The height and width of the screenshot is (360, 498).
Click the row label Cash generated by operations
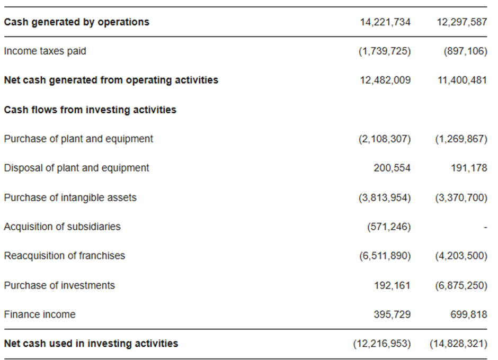pos(76,22)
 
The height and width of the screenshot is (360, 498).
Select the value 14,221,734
pos(385,22)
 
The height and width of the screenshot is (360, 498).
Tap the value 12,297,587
pos(462,22)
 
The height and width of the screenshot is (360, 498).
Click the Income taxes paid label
pos(45,51)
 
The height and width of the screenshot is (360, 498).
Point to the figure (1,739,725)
pos(385,51)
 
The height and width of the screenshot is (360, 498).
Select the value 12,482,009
pos(385,80)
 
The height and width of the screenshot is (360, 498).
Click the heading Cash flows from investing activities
pos(90,110)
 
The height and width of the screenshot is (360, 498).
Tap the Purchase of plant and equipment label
pos(78,139)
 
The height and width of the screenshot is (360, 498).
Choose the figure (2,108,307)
pos(385,139)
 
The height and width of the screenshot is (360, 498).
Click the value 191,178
pos(469,168)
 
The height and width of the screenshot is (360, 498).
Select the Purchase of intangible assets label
pos(70,198)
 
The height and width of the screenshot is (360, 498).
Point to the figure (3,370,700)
pos(461,198)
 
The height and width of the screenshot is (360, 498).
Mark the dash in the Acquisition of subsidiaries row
pos(485,227)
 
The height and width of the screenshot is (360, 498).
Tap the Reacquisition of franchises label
pos(65,256)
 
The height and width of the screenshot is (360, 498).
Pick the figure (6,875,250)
pos(461,285)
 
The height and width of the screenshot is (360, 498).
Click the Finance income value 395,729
pos(392,314)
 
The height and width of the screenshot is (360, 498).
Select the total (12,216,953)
pos(382,344)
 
